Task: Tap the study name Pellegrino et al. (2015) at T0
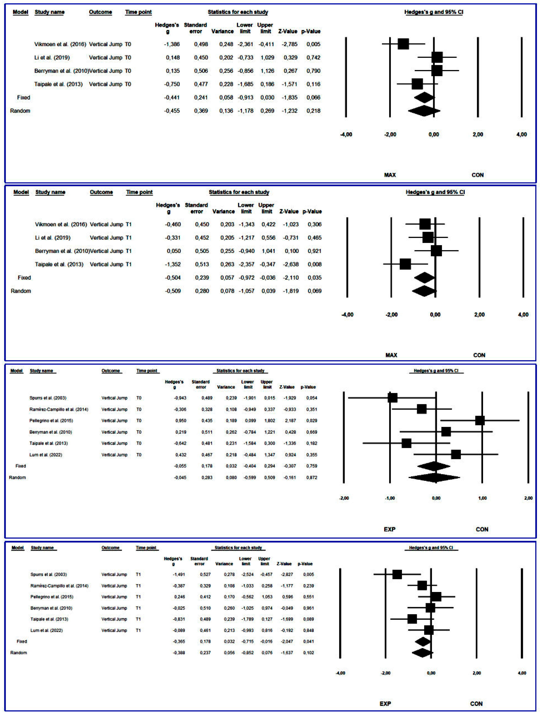pyautogui.click(x=51, y=421)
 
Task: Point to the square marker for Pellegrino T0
pyautogui.click(x=480, y=421)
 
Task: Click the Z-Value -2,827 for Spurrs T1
pyautogui.click(x=284, y=574)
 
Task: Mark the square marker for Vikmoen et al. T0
pyautogui.click(x=403, y=44)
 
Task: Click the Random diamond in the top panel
pyautogui.click(x=424, y=111)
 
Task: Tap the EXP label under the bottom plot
pyautogui.click(x=385, y=704)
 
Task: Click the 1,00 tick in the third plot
pyautogui.click(x=482, y=498)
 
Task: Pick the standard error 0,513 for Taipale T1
pyautogui.click(x=202, y=264)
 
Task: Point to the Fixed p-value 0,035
pyautogui.click(x=314, y=278)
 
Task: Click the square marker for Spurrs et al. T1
pyautogui.click(x=397, y=574)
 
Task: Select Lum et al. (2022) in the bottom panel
pyautogui.click(x=47, y=630)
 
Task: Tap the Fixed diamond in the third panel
pyautogui.click(x=434, y=466)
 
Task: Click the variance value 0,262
pyautogui.click(x=231, y=432)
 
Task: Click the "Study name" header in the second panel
pyautogui.click(x=50, y=192)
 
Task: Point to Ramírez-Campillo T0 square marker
pyautogui.click(x=421, y=409)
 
